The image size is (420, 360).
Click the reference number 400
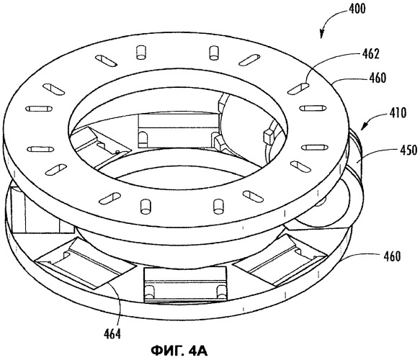coord(357,9)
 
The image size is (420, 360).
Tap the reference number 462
coord(371,54)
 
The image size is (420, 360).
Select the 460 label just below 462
coord(377,78)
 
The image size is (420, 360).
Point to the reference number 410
coord(398,113)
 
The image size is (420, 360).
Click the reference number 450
coord(408,150)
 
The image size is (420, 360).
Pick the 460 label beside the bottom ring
coord(392,256)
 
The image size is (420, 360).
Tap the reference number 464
coord(112,334)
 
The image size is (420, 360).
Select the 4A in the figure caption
coord(198,351)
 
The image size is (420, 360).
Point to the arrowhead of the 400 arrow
coord(322,35)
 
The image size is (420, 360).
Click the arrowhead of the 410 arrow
coord(365,126)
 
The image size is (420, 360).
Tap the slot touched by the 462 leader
coord(298,89)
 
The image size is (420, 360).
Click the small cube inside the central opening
coord(269,136)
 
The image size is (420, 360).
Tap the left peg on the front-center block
coord(148,292)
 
